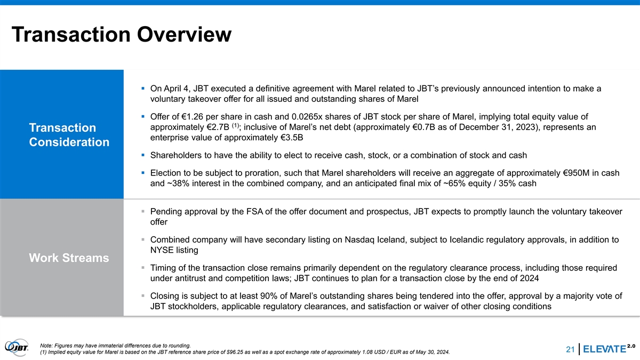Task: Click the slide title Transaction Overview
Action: coord(121,35)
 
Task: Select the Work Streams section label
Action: coord(69,258)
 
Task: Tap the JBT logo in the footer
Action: coord(18,347)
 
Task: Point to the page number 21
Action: coord(570,350)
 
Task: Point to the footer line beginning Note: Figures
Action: coord(115,344)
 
